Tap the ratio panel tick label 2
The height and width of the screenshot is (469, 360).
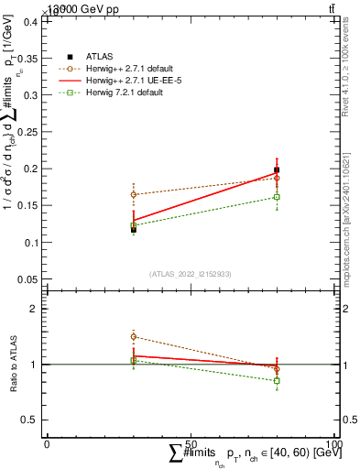point(35,309)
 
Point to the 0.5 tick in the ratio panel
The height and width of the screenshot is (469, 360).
point(30,420)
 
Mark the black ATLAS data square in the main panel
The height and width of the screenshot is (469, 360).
point(134,229)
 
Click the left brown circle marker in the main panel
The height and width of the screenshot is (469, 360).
point(134,194)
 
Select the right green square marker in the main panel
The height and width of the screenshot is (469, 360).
point(278,197)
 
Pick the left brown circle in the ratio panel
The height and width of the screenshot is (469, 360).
point(134,337)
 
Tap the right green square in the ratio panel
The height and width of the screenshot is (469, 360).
point(278,380)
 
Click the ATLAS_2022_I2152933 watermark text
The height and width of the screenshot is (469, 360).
point(191,274)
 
